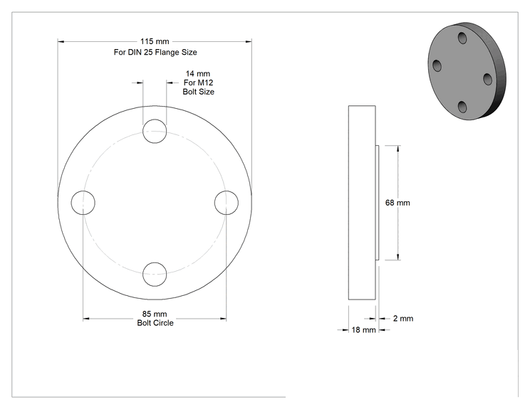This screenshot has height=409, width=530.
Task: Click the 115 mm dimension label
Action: click(155, 41)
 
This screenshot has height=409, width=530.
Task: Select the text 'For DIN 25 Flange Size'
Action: click(155, 53)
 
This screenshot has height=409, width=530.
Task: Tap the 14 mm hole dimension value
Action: click(198, 73)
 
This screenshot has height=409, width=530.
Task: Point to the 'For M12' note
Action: click(199, 83)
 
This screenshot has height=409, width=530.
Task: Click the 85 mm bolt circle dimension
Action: click(155, 314)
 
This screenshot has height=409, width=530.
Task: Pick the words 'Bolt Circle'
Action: click(155, 323)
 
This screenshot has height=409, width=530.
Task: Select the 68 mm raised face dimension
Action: click(397, 203)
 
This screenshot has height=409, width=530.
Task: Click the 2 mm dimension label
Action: click(403, 319)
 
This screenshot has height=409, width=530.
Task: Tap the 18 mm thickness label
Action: click(363, 330)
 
